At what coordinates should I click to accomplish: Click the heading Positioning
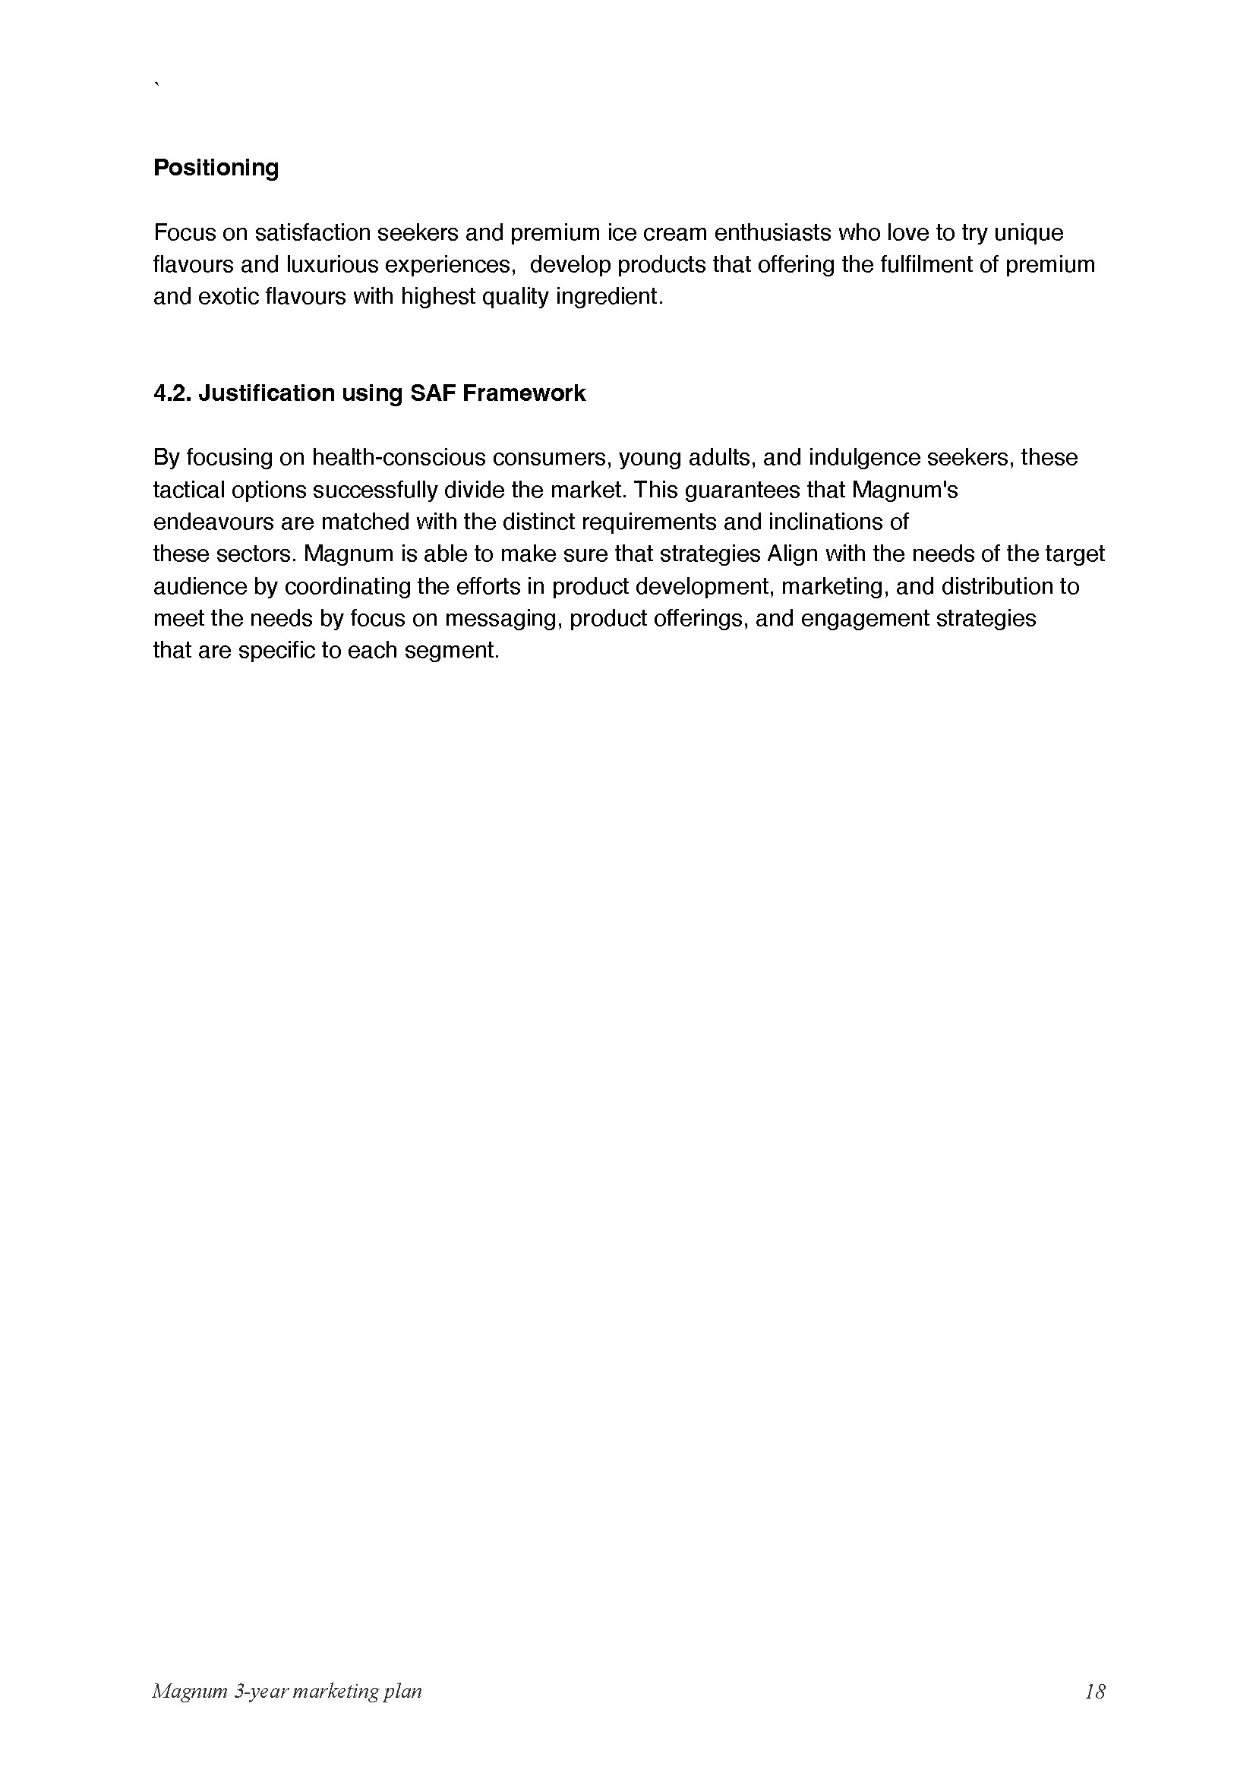pos(216,168)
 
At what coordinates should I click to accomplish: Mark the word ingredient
pos(609,297)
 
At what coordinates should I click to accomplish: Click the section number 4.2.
pos(172,394)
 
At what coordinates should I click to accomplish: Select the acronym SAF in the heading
pos(432,394)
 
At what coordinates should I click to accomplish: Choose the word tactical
pos(190,491)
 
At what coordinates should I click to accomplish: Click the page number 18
pos(1094,1692)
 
